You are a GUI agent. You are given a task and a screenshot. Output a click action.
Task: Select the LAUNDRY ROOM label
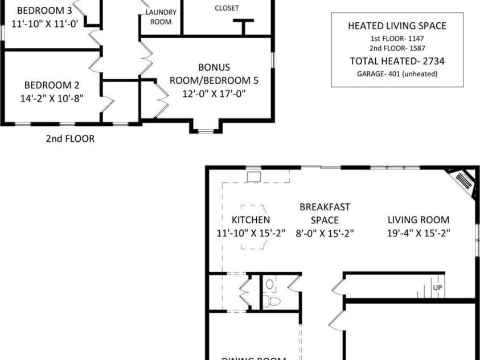[x=160, y=17]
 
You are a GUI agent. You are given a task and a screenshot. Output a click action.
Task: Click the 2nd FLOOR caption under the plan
[x=71, y=138]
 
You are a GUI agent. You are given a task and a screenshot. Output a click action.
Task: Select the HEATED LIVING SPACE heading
[x=397, y=26]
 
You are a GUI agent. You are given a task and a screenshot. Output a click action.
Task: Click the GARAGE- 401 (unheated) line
[x=397, y=74]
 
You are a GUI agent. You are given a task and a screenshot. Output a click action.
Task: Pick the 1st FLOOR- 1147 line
[x=397, y=39]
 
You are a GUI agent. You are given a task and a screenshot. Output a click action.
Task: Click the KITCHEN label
[x=251, y=220]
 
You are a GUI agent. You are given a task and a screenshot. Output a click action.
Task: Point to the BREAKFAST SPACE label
[x=325, y=214]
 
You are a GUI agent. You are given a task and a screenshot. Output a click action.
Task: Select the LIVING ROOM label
[x=419, y=220]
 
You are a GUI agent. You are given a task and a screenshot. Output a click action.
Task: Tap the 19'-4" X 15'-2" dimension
[x=419, y=232]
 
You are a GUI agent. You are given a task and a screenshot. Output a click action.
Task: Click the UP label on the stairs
[x=437, y=288]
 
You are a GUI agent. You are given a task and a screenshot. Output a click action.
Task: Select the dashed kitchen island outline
[x=253, y=227]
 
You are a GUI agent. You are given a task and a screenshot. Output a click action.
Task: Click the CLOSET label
[x=227, y=8]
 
